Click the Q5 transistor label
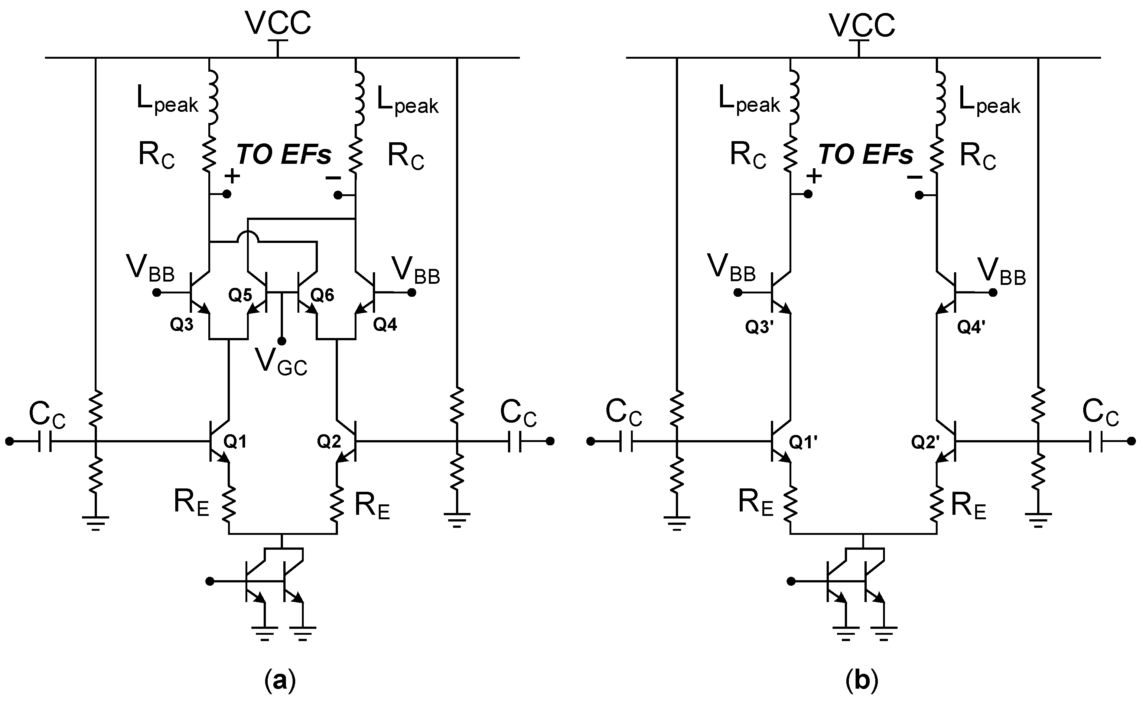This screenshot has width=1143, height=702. (x=240, y=295)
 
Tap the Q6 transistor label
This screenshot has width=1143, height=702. (x=322, y=295)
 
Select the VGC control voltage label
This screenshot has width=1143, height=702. (x=281, y=362)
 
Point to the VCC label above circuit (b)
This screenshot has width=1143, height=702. (x=862, y=25)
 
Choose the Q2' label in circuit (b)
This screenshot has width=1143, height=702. (x=925, y=442)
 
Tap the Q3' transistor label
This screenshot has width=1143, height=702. (x=759, y=328)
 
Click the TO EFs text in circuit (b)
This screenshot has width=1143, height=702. (x=866, y=155)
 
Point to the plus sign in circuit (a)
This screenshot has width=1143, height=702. (x=232, y=176)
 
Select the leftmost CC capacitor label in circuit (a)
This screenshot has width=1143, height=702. (x=47, y=414)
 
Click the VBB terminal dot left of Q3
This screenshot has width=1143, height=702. (x=157, y=293)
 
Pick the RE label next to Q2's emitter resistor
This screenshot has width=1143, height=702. (x=372, y=506)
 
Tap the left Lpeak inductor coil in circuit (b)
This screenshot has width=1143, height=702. (x=794, y=97)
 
